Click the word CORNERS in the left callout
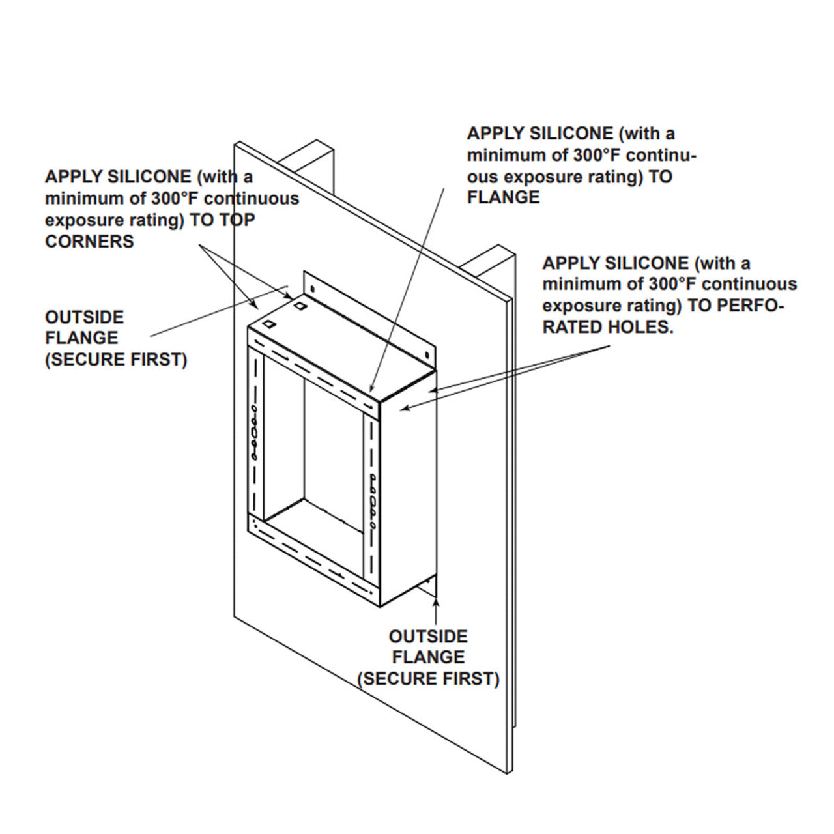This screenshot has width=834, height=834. pos(89,241)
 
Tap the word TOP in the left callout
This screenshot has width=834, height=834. pos(237,220)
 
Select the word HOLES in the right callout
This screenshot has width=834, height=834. pos(644,327)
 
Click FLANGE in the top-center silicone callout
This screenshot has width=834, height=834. pos(503,197)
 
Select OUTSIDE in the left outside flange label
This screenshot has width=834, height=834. pos(84,317)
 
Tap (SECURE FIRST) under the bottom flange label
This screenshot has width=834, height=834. pos(428,678)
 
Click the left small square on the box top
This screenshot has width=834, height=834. pos(270,323)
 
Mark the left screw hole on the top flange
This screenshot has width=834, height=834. pos(312,287)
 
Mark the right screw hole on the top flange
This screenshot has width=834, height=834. pos(426,355)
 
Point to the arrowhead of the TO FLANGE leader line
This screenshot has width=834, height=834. pos(371,391)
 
